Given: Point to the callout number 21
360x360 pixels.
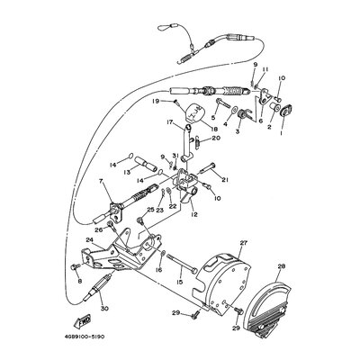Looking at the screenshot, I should [225, 180].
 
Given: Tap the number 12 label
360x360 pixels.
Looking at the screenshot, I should [193, 214].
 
